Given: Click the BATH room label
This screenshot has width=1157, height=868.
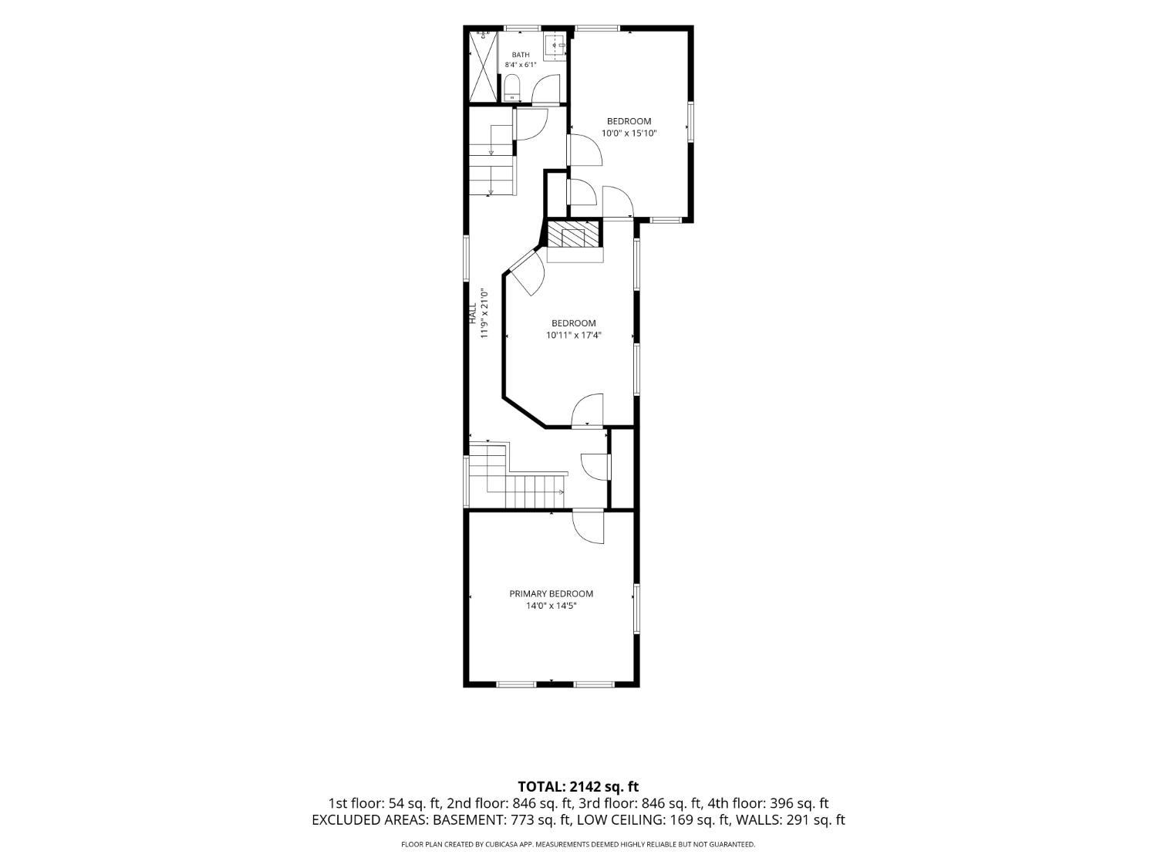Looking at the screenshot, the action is click(x=520, y=55).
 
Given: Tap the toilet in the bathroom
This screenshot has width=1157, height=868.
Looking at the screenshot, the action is click(x=511, y=88).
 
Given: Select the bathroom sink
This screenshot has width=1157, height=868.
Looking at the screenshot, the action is click(x=555, y=44).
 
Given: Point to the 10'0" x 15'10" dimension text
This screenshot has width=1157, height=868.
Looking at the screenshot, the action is click(x=629, y=133).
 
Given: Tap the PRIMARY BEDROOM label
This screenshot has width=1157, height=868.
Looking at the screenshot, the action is click(x=551, y=593).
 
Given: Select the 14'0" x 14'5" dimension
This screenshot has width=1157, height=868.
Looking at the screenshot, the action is click(x=551, y=606).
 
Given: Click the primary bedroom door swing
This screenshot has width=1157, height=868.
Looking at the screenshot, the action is click(x=589, y=526).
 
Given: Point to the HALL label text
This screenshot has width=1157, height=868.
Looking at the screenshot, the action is click(x=473, y=312).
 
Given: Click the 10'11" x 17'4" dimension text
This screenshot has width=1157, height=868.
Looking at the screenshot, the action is click(x=574, y=335).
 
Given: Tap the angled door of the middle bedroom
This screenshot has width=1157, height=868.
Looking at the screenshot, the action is click(x=527, y=273).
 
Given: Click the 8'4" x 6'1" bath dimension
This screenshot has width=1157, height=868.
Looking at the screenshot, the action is click(x=520, y=65).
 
